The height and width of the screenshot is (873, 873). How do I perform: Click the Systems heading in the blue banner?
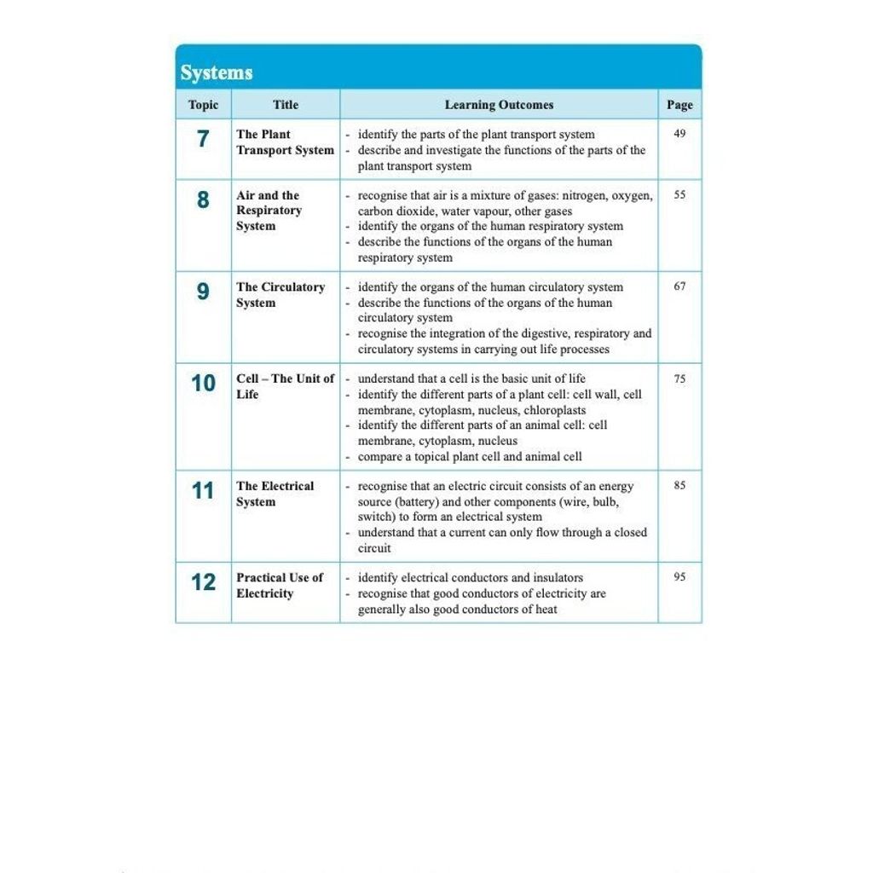click(x=217, y=73)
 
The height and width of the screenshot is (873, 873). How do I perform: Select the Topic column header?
click(x=203, y=105)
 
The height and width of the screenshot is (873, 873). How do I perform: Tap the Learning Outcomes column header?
click(x=499, y=105)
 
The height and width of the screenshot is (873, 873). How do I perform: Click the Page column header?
click(x=679, y=105)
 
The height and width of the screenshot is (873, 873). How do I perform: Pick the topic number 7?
click(x=203, y=138)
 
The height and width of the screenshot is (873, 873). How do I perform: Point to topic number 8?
click(x=203, y=200)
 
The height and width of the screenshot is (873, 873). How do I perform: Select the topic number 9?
click(x=203, y=292)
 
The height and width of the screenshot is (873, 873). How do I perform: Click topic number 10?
click(x=203, y=384)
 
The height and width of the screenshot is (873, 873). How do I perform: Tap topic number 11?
click(x=203, y=491)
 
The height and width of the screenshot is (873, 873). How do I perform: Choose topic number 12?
click(x=203, y=582)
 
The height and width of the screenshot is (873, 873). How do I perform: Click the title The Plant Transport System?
click(x=285, y=142)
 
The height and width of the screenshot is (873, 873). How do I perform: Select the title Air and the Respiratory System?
click(x=269, y=211)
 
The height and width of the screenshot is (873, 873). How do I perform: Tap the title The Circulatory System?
click(x=280, y=295)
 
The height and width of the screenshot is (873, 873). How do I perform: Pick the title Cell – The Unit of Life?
click(x=285, y=386)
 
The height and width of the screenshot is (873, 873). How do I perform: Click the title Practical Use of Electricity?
click(x=280, y=585)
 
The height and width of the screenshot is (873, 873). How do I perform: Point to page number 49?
click(x=679, y=134)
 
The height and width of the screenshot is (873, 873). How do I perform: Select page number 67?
click(x=679, y=286)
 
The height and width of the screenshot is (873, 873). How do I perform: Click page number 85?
click(x=679, y=485)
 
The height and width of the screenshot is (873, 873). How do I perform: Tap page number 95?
click(x=679, y=577)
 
